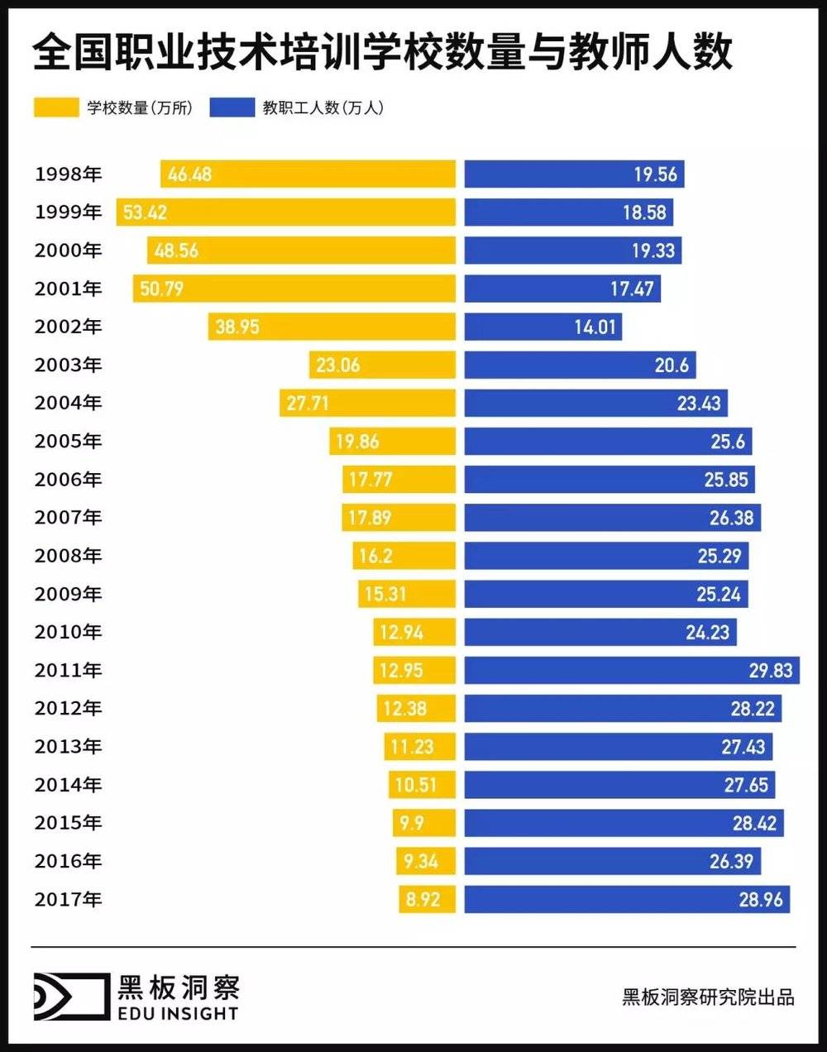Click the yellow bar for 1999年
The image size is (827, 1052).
tap(285, 213)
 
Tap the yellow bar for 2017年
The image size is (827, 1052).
tap(427, 900)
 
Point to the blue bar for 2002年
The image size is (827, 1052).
tap(543, 328)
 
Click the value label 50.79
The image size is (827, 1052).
tap(162, 289)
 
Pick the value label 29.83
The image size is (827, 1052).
tap(771, 671)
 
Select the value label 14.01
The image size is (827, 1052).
tap(595, 328)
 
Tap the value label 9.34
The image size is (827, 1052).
tap(421, 862)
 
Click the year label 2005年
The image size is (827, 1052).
tap(68, 442)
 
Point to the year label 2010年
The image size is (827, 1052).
tap(68, 633)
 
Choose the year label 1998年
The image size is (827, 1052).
tap(68, 175)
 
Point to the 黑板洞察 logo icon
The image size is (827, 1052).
tap(71, 996)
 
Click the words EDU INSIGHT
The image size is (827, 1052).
tap(178, 1014)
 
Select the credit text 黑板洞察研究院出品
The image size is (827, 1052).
tap(708, 997)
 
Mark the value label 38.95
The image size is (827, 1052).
tap(237, 328)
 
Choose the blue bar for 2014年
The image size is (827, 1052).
tap(619, 785)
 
